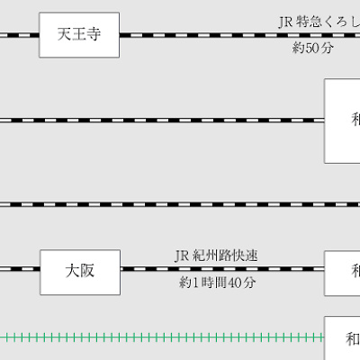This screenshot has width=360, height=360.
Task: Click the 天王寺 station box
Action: pyautogui.click(x=79, y=35)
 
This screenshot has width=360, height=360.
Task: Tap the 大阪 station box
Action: pyautogui.click(x=79, y=269)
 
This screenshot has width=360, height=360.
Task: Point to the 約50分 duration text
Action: pyautogui.click(x=312, y=48)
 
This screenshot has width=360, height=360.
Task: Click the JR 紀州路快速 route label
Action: pyautogui.click(x=216, y=256)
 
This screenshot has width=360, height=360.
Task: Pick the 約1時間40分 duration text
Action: pyautogui.click(x=217, y=283)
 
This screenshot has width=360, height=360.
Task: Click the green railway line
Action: pyautogui.click(x=162, y=337)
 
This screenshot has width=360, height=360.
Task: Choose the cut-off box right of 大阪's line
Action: pyautogui.click(x=343, y=269)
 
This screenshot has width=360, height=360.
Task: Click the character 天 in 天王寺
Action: pyautogui.click(x=64, y=35)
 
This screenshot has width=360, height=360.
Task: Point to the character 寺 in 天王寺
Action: pyautogui.click(x=94, y=35)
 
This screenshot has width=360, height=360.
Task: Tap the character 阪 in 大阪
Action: pyautogui.click(x=87, y=269)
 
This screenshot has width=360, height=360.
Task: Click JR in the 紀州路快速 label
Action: pyautogui.click(x=181, y=256)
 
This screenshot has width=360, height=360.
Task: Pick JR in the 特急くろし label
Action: pyautogui.click(x=285, y=21)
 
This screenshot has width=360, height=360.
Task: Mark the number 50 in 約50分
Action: pyautogui.click(x=313, y=48)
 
